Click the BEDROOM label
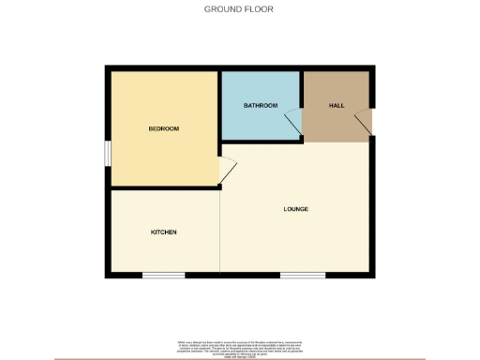point(163,128)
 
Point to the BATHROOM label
point(261,105)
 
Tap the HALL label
point(337,105)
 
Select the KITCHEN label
point(164,232)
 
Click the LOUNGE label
point(296,208)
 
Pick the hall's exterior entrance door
point(365,122)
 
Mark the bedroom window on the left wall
point(108,152)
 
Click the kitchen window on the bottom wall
point(163,275)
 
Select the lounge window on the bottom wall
point(303,275)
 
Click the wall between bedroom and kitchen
point(164,188)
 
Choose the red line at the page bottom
point(239,357)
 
